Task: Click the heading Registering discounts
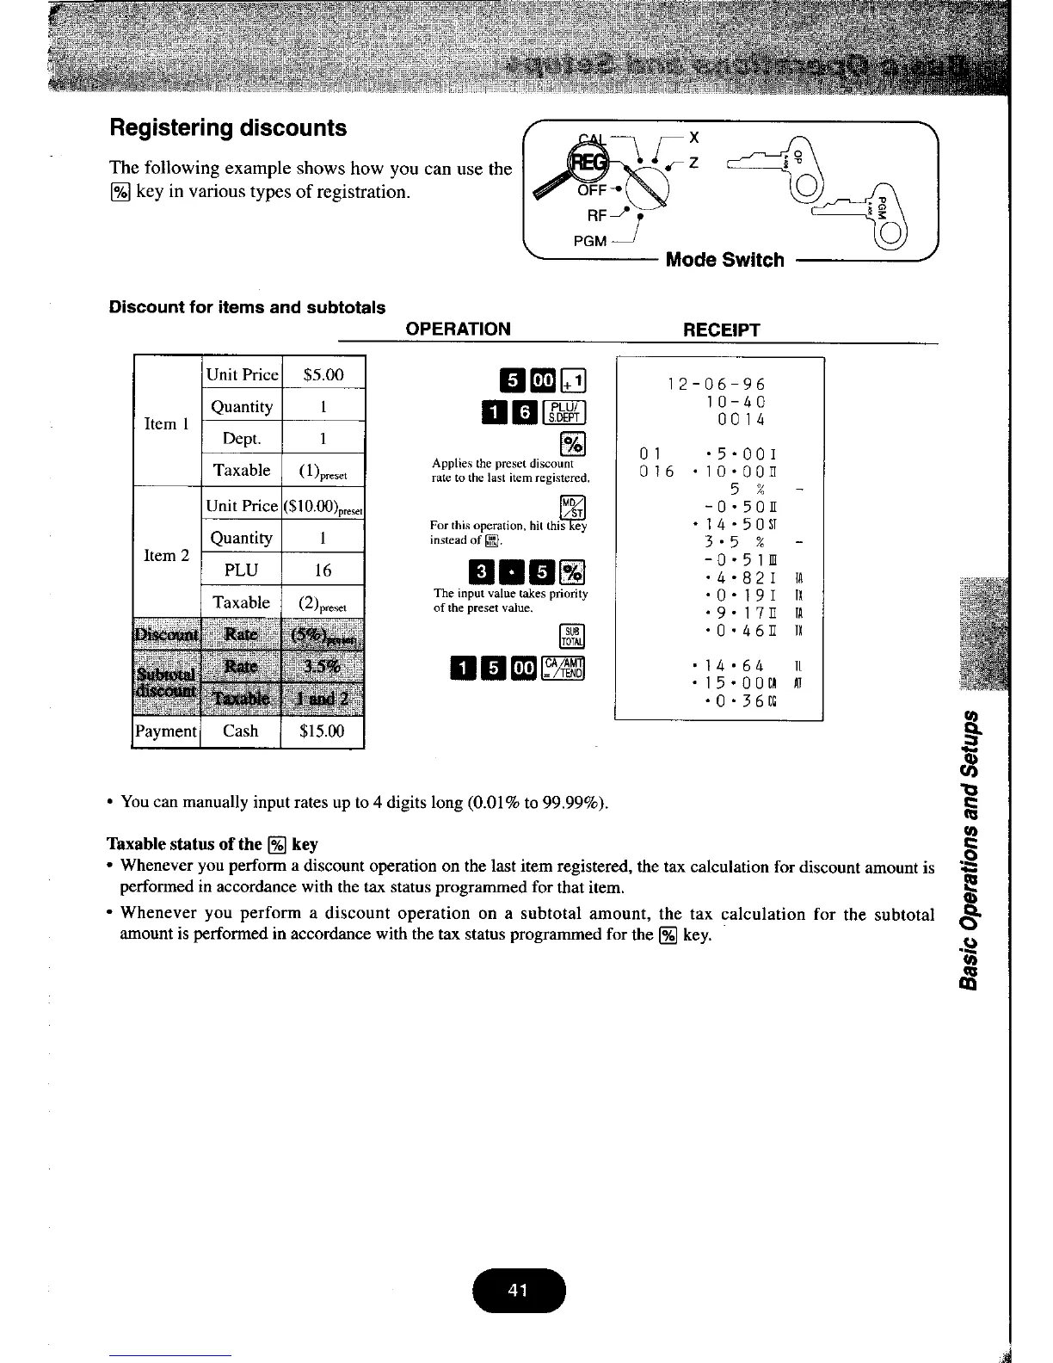point(228,128)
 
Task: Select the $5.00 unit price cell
point(323,374)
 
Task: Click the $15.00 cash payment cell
point(323,731)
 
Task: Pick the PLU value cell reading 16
point(323,570)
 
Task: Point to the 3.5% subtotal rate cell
point(323,667)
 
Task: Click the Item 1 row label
point(161,423)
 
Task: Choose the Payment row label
point(165,731)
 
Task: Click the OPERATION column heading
point(458,329)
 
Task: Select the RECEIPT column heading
point(721,329)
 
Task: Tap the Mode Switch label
point(724,260)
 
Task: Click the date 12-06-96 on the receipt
point(716,385)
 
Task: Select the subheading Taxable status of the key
point(212,843)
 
